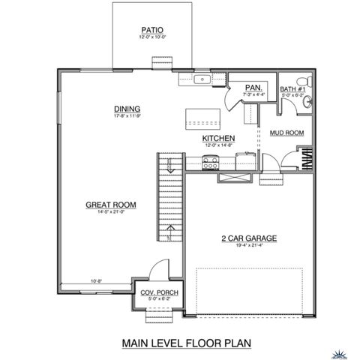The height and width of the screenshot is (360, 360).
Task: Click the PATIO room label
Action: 148,31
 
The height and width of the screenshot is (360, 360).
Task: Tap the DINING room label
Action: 127,109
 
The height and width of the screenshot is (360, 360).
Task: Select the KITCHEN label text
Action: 219,139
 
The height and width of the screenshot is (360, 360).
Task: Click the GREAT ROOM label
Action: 109,204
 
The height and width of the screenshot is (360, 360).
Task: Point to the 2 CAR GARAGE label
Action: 249,238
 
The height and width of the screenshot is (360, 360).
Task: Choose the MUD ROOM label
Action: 286,133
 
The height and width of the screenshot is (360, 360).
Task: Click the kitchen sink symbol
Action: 202,79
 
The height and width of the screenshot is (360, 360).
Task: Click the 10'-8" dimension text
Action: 96,282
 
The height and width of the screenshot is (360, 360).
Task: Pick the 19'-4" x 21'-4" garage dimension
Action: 249,247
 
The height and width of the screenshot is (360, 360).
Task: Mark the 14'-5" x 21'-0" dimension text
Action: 109,212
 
